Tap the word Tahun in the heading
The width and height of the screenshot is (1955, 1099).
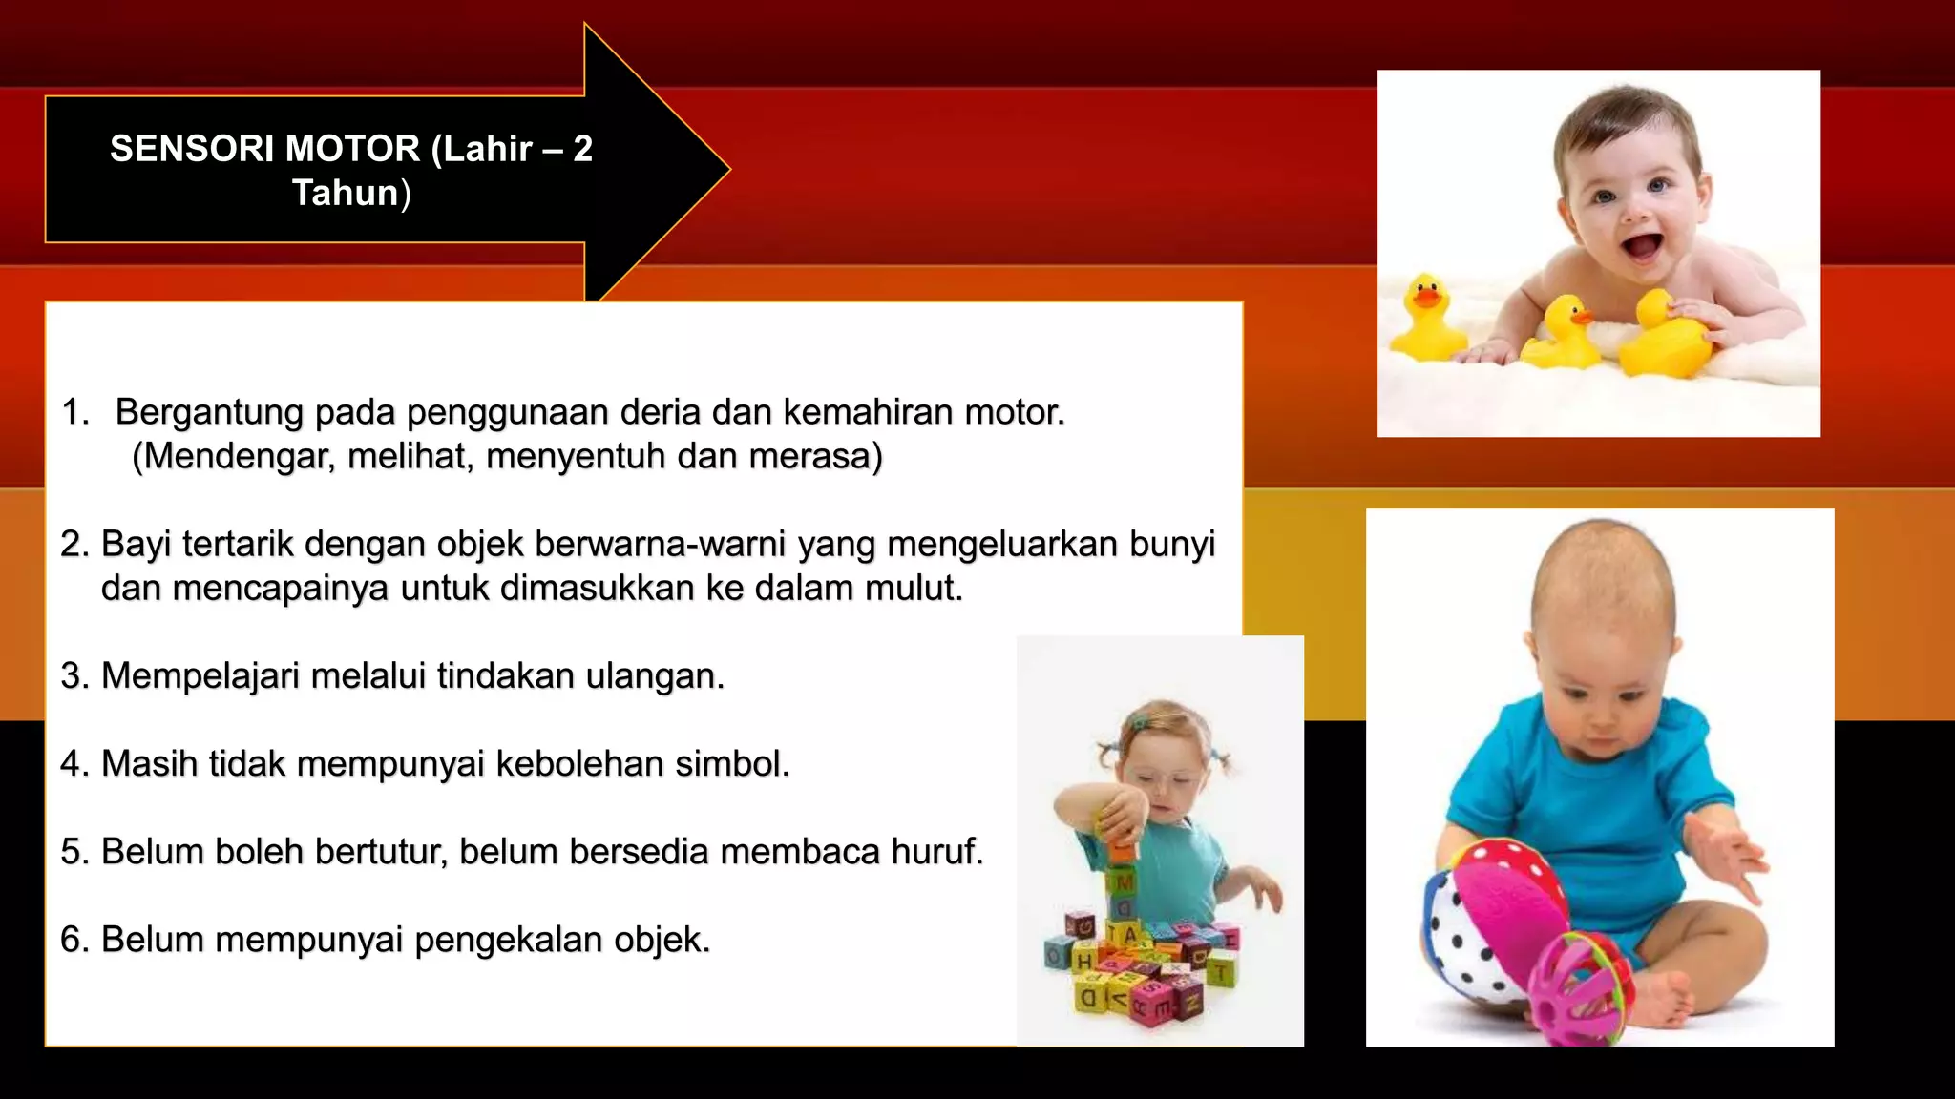(345, 193)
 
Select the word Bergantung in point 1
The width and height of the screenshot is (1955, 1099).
(210, 413)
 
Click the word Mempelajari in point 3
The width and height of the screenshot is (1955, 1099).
(200, 676)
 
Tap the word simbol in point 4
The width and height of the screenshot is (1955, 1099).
(731, 764)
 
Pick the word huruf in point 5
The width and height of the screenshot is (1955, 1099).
(935, 852)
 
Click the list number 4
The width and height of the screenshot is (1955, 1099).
(73, 764)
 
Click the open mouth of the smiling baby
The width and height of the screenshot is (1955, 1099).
(1643, 247)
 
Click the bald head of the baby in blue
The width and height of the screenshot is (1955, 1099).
(1604, 582)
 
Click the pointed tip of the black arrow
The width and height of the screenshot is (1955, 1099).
(725, 170)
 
